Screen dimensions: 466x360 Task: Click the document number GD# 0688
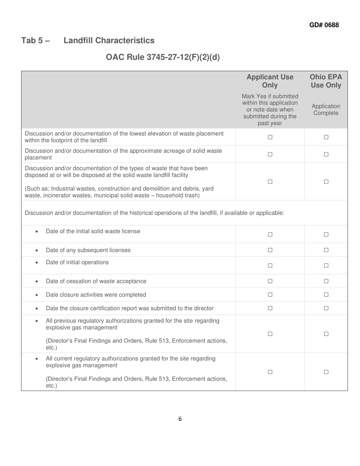click(324, 25)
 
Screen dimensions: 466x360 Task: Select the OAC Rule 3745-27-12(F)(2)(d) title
click(163, 57)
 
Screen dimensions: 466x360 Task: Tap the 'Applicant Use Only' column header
click(270, 81)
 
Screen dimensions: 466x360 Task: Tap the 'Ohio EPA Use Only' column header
click(326, 81)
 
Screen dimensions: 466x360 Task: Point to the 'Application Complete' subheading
click(326, 109)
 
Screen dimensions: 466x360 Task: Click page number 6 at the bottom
click(180, 419)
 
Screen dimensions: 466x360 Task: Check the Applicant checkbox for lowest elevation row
click(270, 138)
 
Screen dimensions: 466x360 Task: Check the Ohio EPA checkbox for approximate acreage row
click(326, 155)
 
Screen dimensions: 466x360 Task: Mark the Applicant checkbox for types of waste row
click(270, 182)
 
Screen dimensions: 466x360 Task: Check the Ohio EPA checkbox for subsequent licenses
click(326, 250)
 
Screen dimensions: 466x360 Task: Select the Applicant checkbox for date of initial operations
click(270, 266)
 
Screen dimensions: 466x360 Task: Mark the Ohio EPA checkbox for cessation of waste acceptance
click(326, 281)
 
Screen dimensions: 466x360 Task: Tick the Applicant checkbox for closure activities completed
click(270, 295)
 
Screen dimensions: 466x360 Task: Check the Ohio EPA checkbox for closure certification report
click(326, 308)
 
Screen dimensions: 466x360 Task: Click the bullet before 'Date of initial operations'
click(36, 263)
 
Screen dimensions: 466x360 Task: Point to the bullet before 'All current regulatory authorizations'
click(36, 359)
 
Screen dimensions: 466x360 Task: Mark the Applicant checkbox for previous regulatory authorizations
click(270, 334)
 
